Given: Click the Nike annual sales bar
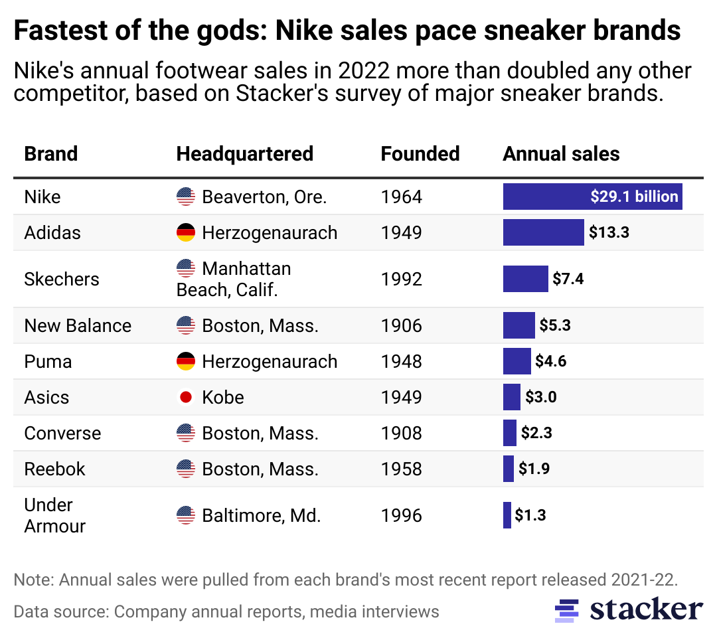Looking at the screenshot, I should point(592,197).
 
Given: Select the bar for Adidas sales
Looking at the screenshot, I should point(543,232).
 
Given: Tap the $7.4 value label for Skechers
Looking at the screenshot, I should point(568,279).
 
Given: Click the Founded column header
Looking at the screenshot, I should point(420,154).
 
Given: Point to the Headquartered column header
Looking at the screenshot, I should point(244,154).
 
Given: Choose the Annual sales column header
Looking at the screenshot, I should point(561,154).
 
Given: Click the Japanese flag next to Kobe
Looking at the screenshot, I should point(186,398).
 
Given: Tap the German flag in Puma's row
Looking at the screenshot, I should point(186,362).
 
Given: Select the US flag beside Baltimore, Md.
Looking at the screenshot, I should point(186,515).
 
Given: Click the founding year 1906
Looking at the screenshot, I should point(401,326).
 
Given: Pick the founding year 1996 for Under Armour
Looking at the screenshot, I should point(401,515).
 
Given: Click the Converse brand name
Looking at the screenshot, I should point(62,434).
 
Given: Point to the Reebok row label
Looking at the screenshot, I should point(54,469).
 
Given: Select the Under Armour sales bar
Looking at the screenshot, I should point(507,515).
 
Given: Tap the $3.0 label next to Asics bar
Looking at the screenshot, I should point(540,398).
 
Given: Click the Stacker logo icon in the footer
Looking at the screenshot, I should point(566,610).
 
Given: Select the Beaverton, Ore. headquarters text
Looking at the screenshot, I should point(264,197).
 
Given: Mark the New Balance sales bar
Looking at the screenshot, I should point(518,326).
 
